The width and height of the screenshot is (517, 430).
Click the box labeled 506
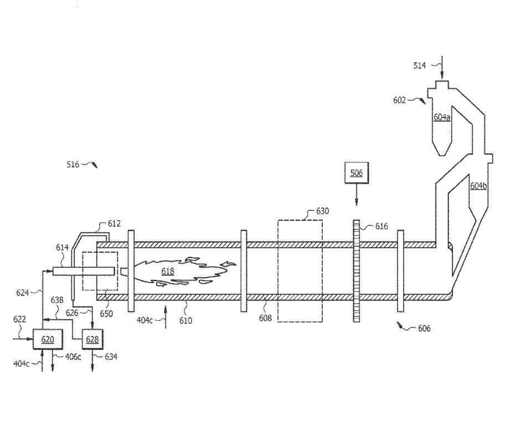point(356,173)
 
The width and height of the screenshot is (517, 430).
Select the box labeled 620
point(48,339)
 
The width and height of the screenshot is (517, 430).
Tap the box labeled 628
point(92,339)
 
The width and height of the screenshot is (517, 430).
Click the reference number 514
point(420,65)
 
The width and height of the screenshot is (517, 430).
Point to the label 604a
point(442,117)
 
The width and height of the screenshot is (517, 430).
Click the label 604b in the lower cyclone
point(478,186)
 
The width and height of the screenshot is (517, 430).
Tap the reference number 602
point(400,100)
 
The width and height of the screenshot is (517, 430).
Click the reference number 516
point(73,164)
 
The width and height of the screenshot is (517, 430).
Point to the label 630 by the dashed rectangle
point(322,211)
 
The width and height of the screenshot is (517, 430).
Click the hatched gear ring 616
point(356,271)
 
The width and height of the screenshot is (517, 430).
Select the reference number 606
point(424,329)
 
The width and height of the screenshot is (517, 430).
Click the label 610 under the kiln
point(186,320)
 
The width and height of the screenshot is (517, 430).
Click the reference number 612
point(114,224)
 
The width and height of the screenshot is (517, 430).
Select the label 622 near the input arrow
point(19,319)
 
